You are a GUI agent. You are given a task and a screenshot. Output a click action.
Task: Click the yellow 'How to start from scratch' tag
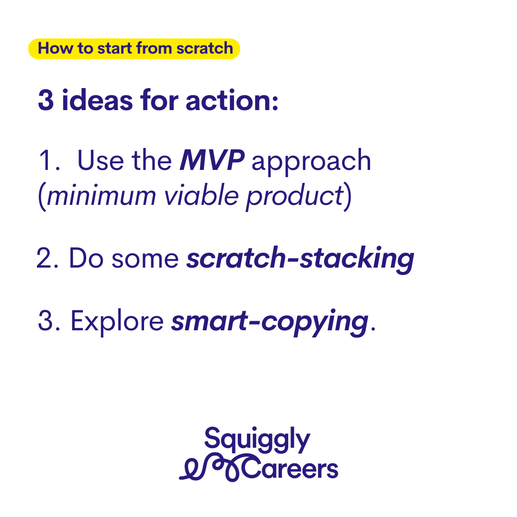click(x=134, y=49)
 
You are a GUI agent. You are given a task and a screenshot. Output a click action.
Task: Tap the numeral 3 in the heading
click(x=46, y=100)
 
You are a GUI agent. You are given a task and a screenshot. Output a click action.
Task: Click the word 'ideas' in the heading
click(x=97, y=100)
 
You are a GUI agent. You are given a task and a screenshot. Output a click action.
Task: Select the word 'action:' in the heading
click(x=232, y=100)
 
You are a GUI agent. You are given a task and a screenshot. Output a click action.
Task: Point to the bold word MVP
click(x=212, y=160)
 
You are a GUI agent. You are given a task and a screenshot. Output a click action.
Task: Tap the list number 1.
click(x=49, y=160)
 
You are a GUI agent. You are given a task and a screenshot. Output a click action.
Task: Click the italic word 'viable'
click(x=202, y=194)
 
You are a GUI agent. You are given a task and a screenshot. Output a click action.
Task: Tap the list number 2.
click(x=47, y=258)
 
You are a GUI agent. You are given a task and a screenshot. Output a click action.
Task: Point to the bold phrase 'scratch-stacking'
click(x=300, y=260)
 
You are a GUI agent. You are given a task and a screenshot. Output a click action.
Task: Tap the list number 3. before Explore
click(x=49, y=320)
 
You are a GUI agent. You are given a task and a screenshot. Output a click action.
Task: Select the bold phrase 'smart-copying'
click(x=270, y=323)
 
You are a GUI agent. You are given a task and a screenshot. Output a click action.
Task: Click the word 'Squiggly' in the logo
click(x=257, y=439)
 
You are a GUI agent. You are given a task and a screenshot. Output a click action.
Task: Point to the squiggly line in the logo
click(x=211, y=468)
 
